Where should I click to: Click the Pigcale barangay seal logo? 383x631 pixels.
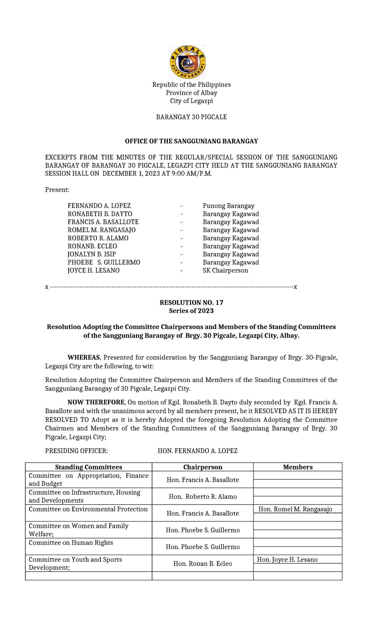click(x=187, y=62)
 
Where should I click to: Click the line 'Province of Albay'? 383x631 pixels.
click(x=191, y=93)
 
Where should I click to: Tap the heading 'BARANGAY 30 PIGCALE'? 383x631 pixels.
click(x=191, y=117)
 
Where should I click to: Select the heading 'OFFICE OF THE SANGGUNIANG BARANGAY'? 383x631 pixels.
click(x=191, y=141)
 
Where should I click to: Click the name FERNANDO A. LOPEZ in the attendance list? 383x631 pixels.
click(x=99, y=206)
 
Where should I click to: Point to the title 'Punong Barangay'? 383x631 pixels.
click(x=229, y=206)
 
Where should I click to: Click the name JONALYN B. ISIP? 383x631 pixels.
click(x=92, y=255)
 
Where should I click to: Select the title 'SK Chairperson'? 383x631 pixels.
click(x=225, y=271)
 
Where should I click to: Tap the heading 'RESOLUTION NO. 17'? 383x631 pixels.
click(x=191, y=303)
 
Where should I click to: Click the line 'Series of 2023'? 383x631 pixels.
click(x=191, y=311)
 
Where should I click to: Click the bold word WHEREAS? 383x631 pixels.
click(x=84, y=358)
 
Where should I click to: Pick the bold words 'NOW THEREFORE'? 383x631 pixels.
click(x=96, y=402)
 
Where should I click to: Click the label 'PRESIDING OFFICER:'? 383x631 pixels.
click(x=77, y=451)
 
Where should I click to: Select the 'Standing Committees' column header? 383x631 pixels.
click(x=88, y=467)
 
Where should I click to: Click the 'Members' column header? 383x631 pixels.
click(x=298, y=467)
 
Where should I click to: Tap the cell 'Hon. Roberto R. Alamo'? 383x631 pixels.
click(x=203, y=497)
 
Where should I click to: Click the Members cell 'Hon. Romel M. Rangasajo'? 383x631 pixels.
click(x=295, y=509)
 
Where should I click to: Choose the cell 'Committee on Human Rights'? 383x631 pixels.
click(x=71, y=543)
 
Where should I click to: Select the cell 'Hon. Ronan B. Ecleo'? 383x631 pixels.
click(x=203, y=564)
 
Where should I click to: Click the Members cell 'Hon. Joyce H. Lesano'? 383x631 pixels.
click(x=287, y=560)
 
